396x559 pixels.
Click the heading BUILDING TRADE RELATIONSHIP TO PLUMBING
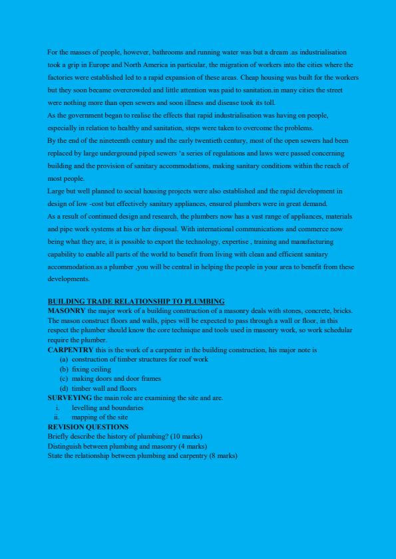pos(136,301)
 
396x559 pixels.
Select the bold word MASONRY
pos(67,310)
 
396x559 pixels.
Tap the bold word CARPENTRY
pos(71,350)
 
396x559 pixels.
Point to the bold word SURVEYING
pos(70,398)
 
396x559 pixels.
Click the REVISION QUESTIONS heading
pos(88,427)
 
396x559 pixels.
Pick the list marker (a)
pos(64,360)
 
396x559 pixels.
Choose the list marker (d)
pos(64,388)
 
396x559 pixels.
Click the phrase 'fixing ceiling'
pos(91,369)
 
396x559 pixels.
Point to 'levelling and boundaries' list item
pos(107,407)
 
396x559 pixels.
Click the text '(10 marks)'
pos(186,437)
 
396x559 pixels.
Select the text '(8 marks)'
pos(223,456)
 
